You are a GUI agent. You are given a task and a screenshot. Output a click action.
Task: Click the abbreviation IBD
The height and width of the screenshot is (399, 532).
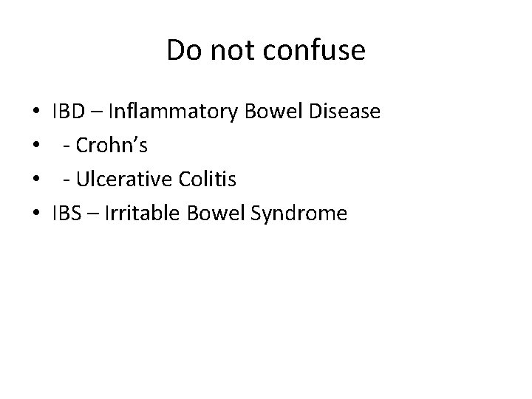click(68, 112)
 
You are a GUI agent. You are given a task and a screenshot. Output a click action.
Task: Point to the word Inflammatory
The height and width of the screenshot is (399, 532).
click(173, 112)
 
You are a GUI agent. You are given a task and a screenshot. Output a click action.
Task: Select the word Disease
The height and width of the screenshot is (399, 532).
click(344, 112)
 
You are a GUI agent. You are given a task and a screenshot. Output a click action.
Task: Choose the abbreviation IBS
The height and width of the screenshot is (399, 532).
click(66, 214)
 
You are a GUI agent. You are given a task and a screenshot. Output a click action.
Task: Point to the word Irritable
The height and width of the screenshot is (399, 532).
click(140, 214)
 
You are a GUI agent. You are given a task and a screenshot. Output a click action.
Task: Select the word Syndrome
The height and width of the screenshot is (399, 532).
click(299, 214)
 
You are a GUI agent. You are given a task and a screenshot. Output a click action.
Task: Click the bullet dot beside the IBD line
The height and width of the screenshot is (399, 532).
click(36, 114)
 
